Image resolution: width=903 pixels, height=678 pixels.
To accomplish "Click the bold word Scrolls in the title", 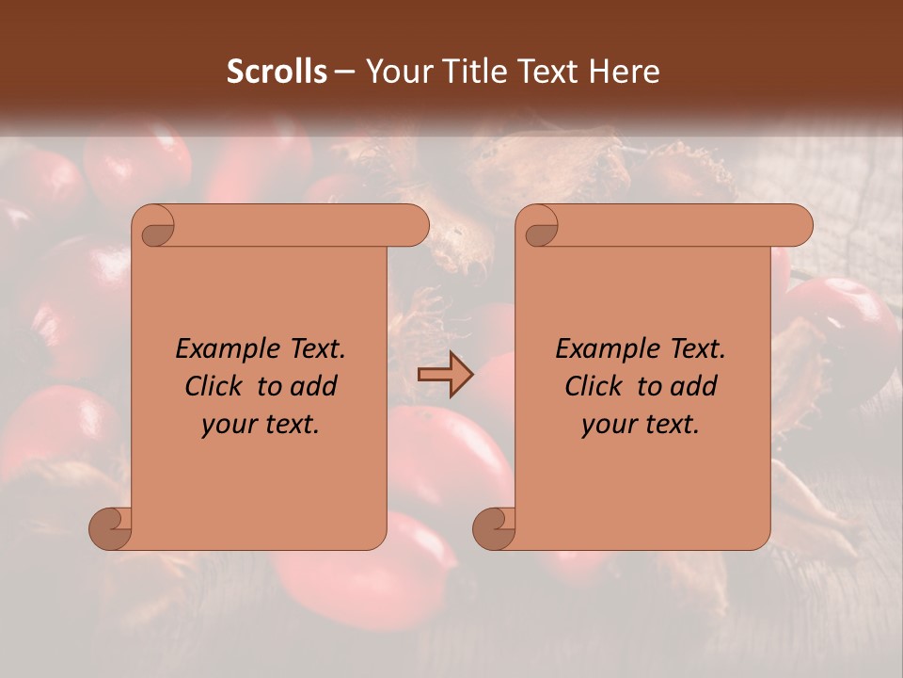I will pos(277,72).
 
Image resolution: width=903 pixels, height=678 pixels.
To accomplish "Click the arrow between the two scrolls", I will pos(445,374).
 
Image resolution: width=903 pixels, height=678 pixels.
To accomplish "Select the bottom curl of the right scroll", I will pos(495,528).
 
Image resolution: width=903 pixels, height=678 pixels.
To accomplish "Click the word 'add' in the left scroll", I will pos(314,387).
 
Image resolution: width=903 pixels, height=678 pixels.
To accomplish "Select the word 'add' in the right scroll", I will pos(694,387).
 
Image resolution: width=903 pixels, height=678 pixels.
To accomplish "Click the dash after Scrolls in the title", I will pos(344,72).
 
